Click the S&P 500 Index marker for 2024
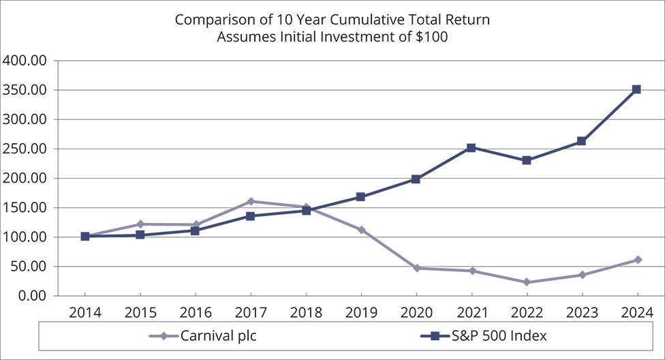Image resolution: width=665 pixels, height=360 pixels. point(636,89)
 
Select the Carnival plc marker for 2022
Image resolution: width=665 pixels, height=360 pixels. point(526,282)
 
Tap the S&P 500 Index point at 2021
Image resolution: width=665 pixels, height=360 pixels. point(471,148)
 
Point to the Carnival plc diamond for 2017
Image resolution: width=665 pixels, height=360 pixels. point(251,201)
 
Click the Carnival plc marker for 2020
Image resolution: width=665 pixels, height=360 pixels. point(416,268)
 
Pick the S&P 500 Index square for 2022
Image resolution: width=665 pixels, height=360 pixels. point(526,160)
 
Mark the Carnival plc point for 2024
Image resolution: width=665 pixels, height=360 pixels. point(637,260)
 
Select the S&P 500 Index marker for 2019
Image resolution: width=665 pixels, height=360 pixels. point(360,197)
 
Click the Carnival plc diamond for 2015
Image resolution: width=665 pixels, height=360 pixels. point(140,224)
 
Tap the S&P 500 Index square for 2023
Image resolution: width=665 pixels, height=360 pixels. point(581,141)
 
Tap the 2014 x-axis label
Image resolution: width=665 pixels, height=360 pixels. point(85,313)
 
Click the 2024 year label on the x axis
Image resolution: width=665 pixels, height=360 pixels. point(636,313)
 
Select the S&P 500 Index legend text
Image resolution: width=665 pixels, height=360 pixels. point(500,336)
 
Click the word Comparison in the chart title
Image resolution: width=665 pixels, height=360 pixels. point(211,20)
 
